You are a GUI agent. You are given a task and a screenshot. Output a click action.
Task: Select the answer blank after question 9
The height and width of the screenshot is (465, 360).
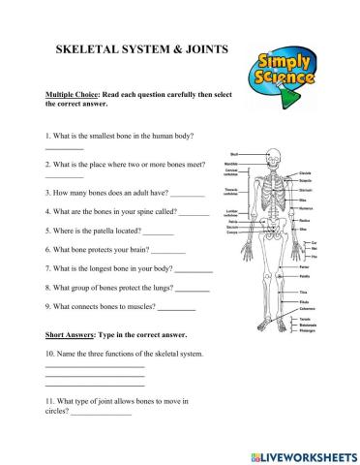(176, 308)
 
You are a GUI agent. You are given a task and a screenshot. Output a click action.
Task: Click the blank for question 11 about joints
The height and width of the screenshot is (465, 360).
(101, 414)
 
